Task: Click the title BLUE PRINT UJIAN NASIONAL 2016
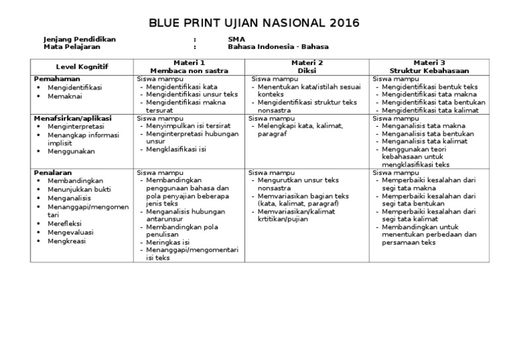coord(254,23)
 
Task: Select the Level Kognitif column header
coord(82,66)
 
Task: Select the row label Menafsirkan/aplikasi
coord(73,118)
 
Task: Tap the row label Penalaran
coord(52,172)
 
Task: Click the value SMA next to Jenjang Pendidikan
coord(235,39)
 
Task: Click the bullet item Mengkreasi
coord(68,242)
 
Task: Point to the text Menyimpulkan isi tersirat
coord(190,126)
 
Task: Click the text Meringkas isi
coord(170,243)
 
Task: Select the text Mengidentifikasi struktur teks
coord(308,103)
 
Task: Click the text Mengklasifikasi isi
coord(177,149)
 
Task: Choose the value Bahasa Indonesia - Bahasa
coord(278,47)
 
